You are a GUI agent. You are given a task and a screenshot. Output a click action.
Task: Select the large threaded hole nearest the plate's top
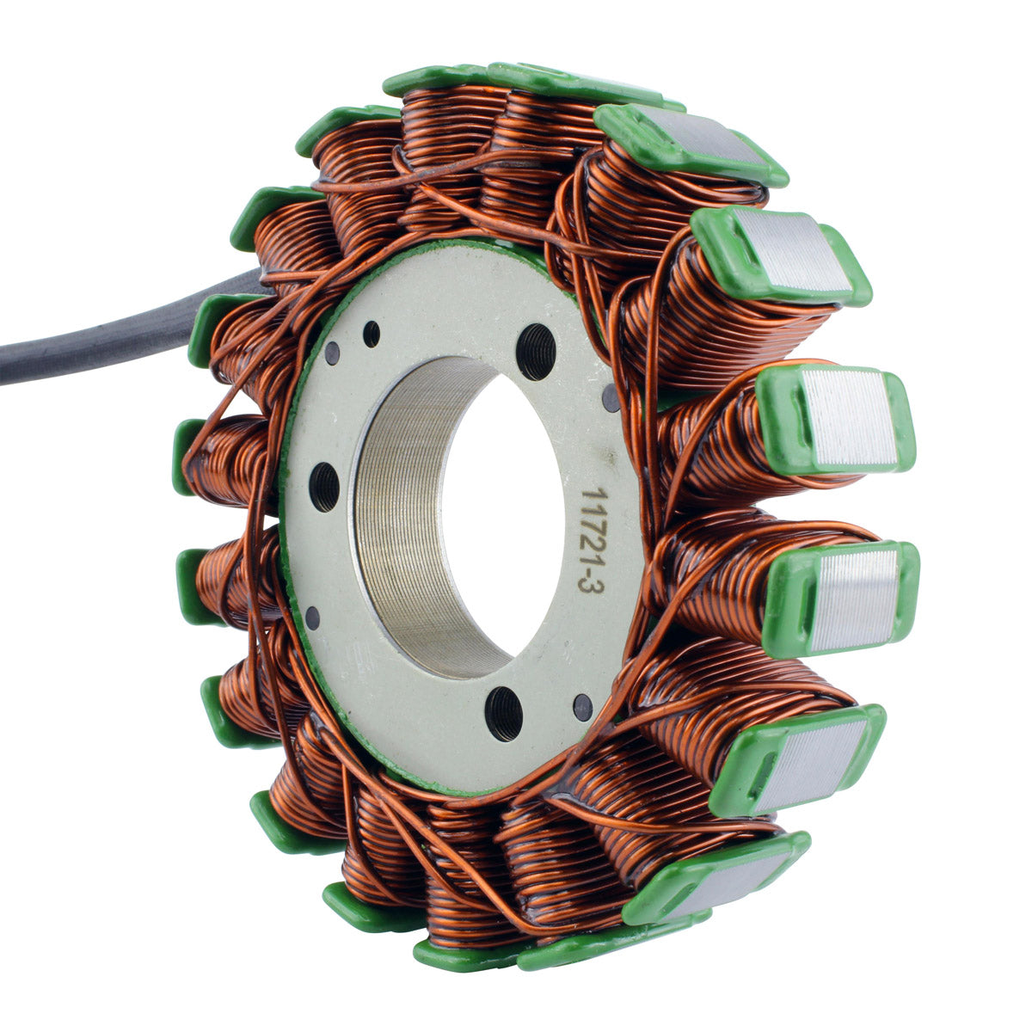pyautogui.click(x=536, y=352)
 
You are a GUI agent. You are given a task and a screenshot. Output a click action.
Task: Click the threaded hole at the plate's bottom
pyautogui.click(x=503, y=713)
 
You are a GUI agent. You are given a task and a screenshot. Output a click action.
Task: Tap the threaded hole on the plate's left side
pyautogui.click(x=324, y=487)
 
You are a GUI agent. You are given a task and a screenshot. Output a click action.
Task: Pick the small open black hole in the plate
pyautogui.click(x=371, y=334)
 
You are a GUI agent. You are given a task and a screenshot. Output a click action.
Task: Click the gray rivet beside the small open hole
pyautogui.click(x=332, y=353)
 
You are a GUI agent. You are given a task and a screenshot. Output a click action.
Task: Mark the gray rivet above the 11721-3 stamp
pyautogui.click(x=610, y=398)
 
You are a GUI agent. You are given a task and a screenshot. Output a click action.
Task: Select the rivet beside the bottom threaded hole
pyautogui.click(x=582, y=707)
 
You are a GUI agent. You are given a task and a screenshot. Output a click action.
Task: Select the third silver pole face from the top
pyautogui.click(x=847, y=417)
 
